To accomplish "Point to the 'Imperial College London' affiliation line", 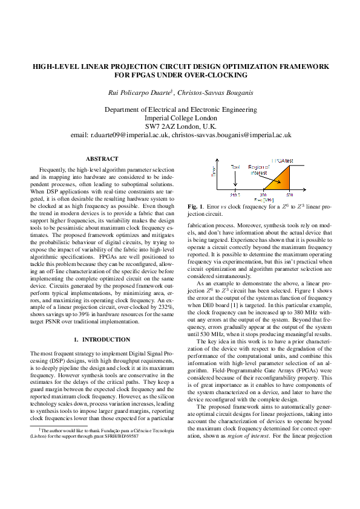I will point(180,118).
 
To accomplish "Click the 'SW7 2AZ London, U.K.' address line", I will point(180,127).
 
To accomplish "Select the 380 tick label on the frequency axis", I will point(263,195).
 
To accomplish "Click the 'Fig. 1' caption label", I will point(195,207).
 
